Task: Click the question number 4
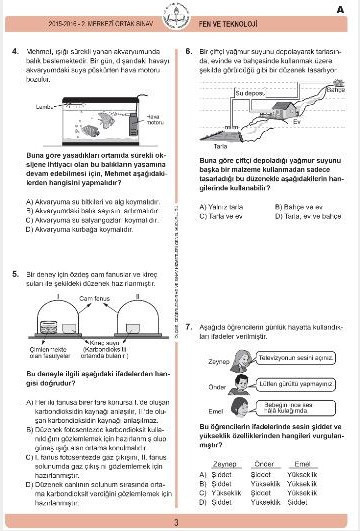[17, 49]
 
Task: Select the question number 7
[189, 298]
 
